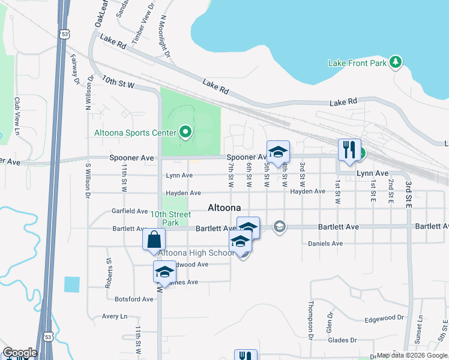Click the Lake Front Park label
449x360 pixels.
click(357, 62)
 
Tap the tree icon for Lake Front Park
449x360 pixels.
click(395, 61)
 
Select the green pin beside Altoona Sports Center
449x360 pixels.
click(185, 133)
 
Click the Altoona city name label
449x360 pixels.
click(224, 208)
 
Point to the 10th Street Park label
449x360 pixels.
click(170, 218)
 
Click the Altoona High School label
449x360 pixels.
click(196, 253)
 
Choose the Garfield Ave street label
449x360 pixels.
click(130, 211)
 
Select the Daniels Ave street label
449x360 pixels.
click(325, 244)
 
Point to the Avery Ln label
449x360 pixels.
click(115, 316)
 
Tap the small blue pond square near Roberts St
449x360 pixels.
click(71, 284)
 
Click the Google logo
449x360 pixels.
click(20, 353)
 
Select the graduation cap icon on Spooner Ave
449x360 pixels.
click(278, 152)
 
